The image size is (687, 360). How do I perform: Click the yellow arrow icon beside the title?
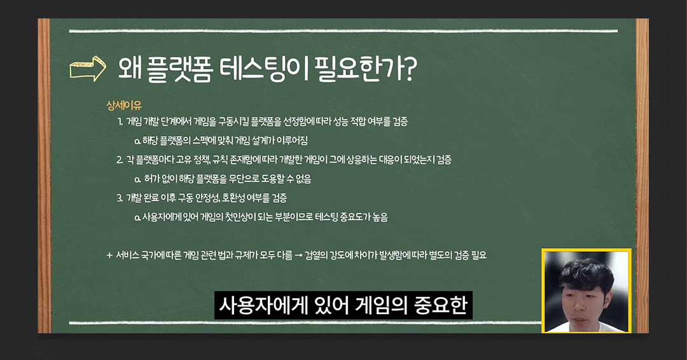click(88, 68)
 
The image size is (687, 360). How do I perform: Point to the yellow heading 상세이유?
click(124, 106)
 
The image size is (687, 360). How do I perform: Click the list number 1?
click(120, 121)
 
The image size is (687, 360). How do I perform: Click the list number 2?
click(120, 160)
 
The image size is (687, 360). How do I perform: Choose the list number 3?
click(120, 198)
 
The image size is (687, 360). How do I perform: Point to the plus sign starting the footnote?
click(109, 255)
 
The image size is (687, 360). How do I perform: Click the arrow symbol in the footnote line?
click(299, 256)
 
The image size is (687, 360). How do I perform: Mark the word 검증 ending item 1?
click(400, 121)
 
